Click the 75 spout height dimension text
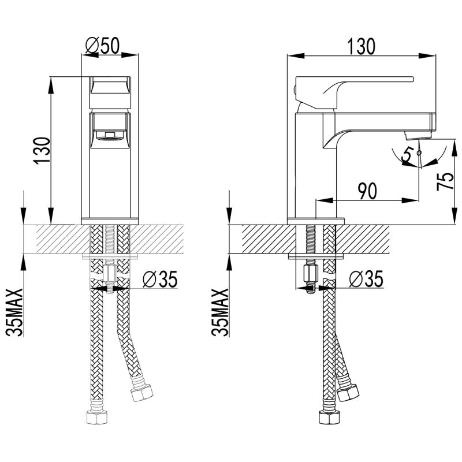(x=444, y=182)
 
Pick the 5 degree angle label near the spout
(x=409, y=154)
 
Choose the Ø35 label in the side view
(x=367, y=280)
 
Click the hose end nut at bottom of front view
(x=93, y=418)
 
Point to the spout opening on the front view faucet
(x=109, y=136)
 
